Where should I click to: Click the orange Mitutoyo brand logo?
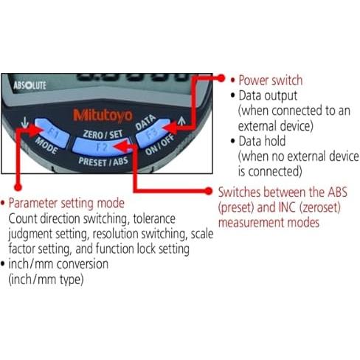103,116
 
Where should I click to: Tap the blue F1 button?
52,133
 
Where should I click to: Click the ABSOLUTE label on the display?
30,86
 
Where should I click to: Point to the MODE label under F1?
46,145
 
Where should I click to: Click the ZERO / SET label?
103,134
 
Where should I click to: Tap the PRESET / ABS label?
103,162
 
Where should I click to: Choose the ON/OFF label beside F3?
160,145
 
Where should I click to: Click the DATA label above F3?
145,122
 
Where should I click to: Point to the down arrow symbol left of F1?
24,122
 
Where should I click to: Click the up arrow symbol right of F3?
181,120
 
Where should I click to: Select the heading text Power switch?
271,80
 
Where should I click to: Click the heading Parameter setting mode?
66,203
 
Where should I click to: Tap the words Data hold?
262,141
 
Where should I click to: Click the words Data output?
268,96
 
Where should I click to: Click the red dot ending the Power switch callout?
221,78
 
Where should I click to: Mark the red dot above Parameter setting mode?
18,187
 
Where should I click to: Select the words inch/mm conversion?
58,264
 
